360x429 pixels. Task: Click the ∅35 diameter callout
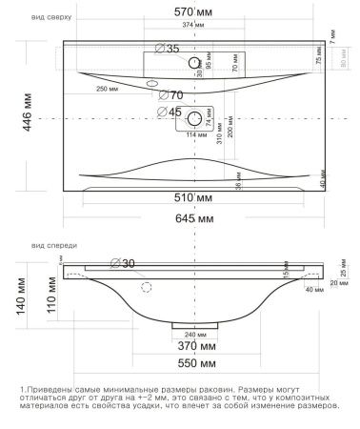coord(166,50)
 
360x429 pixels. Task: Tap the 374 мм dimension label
coord(194,23)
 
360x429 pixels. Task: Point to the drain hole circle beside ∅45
coord(197,119)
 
